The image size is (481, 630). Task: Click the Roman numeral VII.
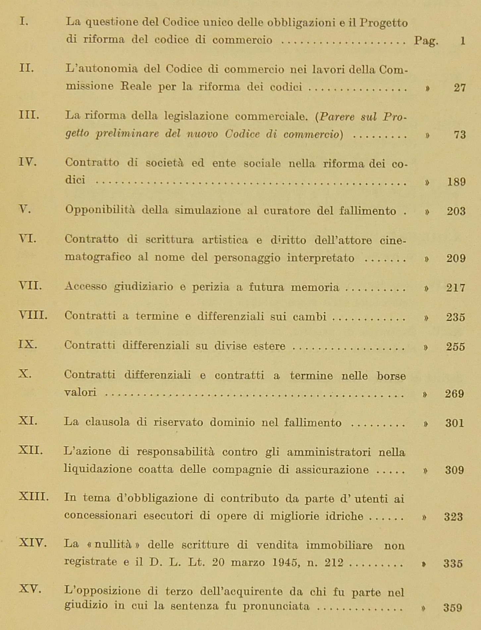click(x=30, y=285)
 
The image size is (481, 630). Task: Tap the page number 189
click(x=456, y=182)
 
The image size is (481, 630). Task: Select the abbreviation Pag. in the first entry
click(x=426, y=41)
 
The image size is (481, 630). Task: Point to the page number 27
click(x=459, y=88)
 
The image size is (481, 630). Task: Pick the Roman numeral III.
click(x=29, y=115)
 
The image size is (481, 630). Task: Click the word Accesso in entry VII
click(x=86, y=286)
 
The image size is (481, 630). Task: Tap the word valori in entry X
click(x=80, y=392)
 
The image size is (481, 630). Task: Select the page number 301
click(x=454, y=423)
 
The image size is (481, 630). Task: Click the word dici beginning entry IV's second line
click(x=75, y=180)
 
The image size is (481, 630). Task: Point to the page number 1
click(x=462, y=41)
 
